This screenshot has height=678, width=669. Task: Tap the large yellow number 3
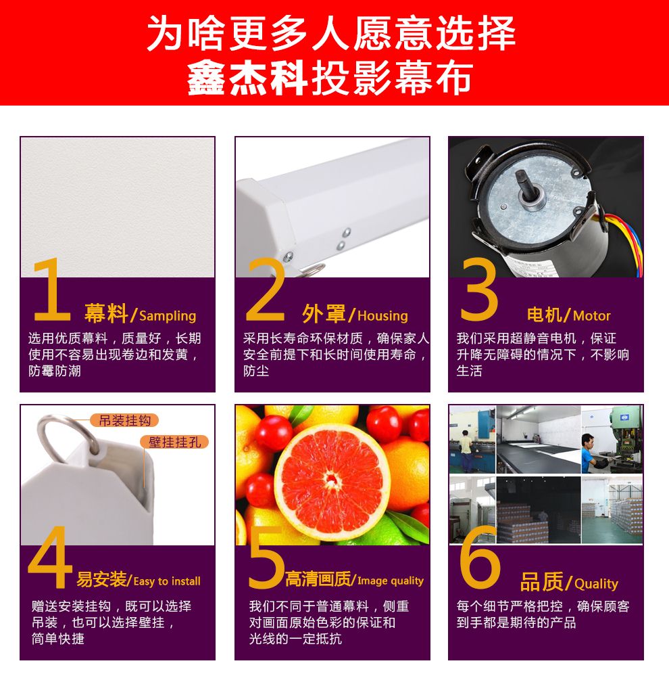(478, 289)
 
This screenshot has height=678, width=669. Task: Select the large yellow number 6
(479, 557)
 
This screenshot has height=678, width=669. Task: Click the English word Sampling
(168, 316)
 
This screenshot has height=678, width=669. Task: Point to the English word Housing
(382, 316)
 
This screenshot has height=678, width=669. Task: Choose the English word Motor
(591, 315)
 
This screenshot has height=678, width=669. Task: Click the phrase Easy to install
(167, 581)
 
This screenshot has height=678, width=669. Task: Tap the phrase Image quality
(391, 581)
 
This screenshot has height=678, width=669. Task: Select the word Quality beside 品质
(597, 584)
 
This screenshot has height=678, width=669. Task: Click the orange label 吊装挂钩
(124, 420)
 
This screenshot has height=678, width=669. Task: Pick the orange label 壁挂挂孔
(174, 442)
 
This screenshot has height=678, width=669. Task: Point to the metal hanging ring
(68, 436)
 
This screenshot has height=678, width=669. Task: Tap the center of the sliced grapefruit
(332, 478)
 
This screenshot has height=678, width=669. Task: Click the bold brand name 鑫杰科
(247, 78)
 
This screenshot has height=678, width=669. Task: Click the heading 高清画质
(318, 579)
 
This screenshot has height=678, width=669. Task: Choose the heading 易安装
(102, 579)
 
